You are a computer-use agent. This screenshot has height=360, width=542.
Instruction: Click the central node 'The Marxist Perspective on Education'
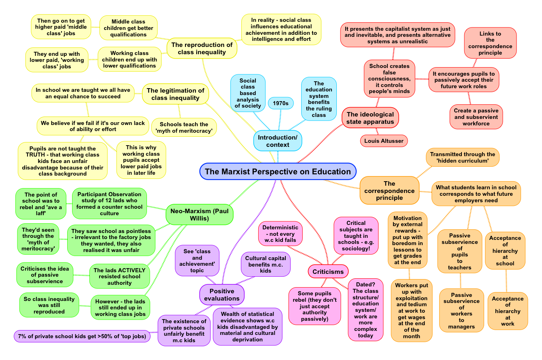click(278, 172)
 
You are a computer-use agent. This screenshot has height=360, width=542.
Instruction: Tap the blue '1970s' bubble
click(281, 103)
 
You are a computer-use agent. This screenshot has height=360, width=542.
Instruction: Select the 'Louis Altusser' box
click(384, 141)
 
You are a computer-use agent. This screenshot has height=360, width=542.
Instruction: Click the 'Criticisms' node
click(328, 271)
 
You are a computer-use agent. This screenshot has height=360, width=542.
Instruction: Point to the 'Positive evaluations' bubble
click(222, 295)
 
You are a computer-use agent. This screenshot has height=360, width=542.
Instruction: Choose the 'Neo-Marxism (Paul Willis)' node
click(200, 214)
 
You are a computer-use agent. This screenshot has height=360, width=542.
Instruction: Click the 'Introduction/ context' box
click(278, 141)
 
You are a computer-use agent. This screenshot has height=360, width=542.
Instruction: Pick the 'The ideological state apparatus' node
click(370, 118)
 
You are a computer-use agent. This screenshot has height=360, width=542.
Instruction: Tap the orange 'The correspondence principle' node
click(389, 191)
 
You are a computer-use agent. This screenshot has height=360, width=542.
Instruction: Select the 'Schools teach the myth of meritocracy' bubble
click(184, 127)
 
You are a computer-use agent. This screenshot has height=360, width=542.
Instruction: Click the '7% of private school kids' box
click(82, 336)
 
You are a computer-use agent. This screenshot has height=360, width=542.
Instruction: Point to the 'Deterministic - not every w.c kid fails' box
click(280, 233)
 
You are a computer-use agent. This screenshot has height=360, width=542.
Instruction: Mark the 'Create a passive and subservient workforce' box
click(476, 117)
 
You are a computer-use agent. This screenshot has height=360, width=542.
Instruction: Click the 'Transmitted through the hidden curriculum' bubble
click(462, 157)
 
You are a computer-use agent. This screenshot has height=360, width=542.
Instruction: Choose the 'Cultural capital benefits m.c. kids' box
click(266, 265)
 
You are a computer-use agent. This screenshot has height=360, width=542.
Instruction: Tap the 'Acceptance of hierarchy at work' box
click(508, 311)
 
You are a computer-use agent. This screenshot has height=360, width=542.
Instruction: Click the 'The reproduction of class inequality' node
click(202, 49)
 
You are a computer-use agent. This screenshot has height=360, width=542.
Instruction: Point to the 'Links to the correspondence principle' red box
click(490, 43)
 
